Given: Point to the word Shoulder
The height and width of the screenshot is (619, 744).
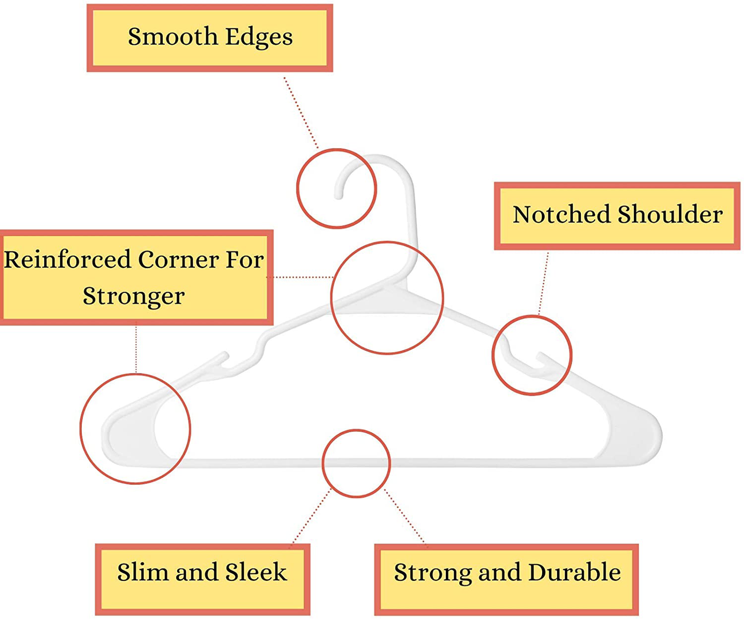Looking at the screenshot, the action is tap(670, 214).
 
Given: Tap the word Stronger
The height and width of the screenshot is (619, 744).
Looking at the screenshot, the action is tap(134, 296).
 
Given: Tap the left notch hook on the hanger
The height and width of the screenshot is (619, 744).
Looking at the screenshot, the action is tap(221, 360).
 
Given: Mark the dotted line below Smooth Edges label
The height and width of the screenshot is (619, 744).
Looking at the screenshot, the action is tap(301, 113).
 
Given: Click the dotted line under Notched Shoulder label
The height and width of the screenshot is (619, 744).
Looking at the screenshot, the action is tap(543, 284).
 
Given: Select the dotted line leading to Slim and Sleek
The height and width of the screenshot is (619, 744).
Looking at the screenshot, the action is tap(311, 517).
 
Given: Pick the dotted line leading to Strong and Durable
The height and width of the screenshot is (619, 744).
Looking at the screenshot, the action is tap(405, 516).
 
